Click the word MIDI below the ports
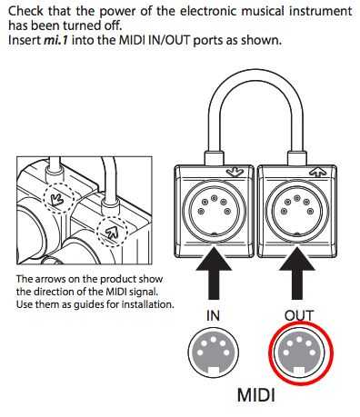click(256, 395)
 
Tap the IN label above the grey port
click(213, 315)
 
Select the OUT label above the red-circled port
click(298, 315)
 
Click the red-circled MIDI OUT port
click(299, 353)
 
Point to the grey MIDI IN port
click(214, 352)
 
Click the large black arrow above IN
click(214, 273)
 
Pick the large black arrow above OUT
click(297, 273)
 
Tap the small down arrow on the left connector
click(235, 173)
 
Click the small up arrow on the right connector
click(317, 173)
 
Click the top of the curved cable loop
click(255, 74)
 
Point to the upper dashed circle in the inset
click(58, 198)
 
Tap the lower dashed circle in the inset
click(111, 232)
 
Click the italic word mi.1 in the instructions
click(56, 40)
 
